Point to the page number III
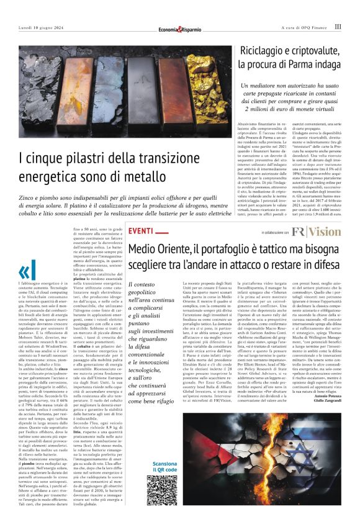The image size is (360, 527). point(337,27)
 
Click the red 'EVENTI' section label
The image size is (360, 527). point(140,232)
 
